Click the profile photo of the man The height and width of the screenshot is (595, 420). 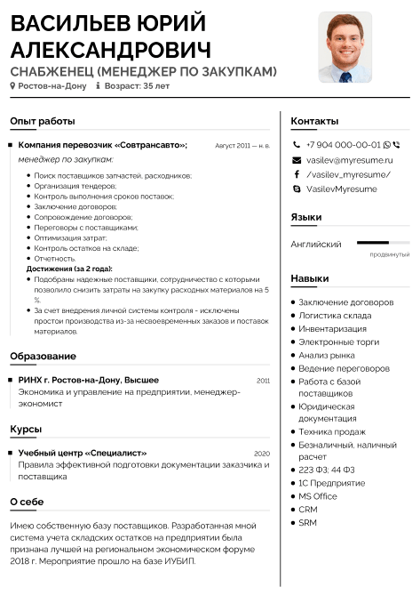[x=345, y=47]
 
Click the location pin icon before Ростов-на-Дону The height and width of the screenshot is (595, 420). [x=12, y=86]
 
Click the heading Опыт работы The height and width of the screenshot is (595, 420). [x=43, y=121]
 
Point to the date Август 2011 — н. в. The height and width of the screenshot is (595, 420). [x=242, y=145]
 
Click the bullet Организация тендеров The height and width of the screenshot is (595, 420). [x=75, y=186]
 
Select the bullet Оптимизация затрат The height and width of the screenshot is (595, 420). [x=71, y=237]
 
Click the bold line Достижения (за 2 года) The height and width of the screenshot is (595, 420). [x=69, y=269]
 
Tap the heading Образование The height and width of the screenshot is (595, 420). [x=43, y=357]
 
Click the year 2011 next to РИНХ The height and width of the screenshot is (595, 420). [x=263, y=380]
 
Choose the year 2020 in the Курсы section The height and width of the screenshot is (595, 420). [x=262, y=454]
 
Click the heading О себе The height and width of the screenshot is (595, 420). [x=27, y=503]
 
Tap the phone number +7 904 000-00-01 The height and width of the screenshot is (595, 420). [x=343, y=144]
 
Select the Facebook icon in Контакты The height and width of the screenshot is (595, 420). [x=297, y=174]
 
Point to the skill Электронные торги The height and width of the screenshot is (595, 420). [x=338, y=342]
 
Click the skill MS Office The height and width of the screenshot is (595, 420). [x=318, y=496]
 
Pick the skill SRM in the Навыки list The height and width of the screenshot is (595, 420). [x=307, y=522]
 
